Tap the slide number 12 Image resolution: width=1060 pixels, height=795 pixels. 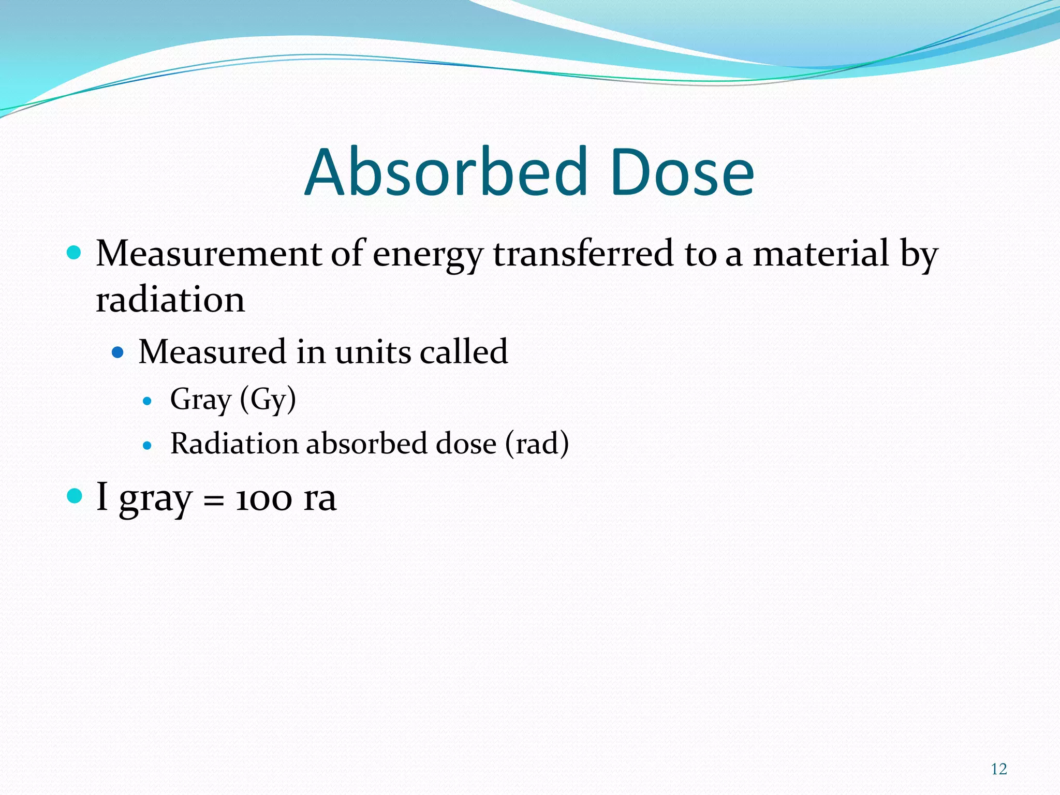point(998,769)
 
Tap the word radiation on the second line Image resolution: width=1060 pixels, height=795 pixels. point(170,300)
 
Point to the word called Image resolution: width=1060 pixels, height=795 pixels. point(464,352)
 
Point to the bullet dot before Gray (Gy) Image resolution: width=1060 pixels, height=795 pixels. point(148,401)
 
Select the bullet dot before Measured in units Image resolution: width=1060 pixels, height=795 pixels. point(118,353)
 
